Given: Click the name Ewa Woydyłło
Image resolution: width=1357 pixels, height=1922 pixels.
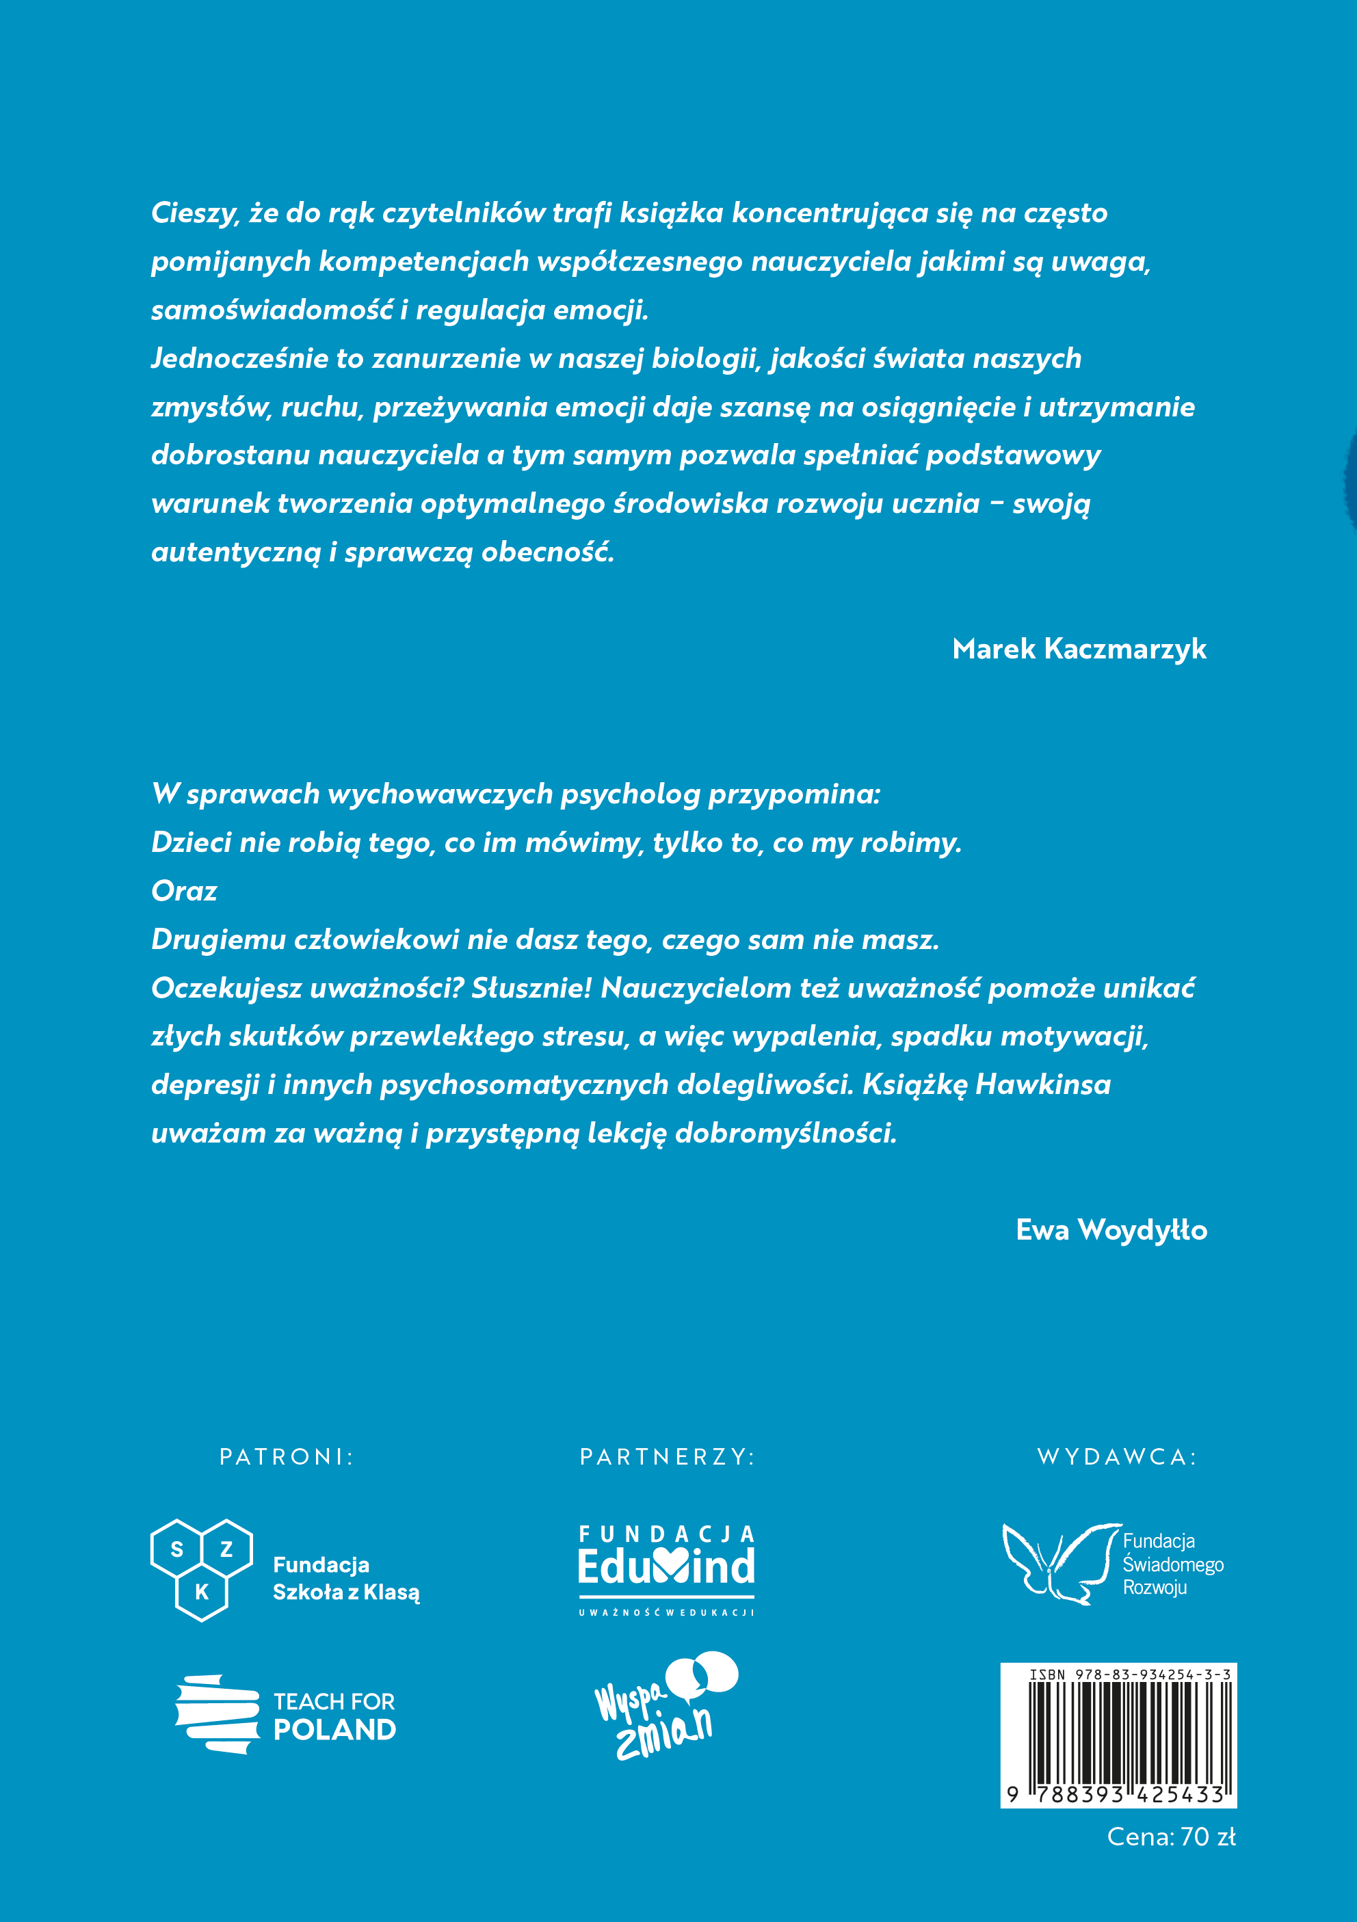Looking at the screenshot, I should pos(1111,1230).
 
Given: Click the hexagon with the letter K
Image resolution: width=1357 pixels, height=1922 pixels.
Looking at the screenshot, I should pos(202,1592).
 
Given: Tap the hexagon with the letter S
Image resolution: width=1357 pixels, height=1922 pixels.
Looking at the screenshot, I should pos(176,1549).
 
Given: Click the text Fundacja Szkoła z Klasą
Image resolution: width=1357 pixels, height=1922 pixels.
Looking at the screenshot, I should pos(345,1578).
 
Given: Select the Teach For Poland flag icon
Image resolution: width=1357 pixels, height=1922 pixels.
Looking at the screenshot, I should pos(217,1714).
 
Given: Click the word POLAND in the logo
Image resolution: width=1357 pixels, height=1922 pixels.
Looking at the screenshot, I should pos(335,1729).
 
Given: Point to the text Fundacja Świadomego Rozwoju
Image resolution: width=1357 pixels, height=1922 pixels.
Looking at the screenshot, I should pos(1172,1564).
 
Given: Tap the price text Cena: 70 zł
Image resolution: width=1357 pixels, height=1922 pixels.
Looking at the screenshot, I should pos(1170,1837).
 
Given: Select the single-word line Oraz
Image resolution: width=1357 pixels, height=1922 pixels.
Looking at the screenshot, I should pos(184,891).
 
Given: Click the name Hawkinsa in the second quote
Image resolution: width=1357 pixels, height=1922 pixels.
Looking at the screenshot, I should pos(1043,1085).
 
